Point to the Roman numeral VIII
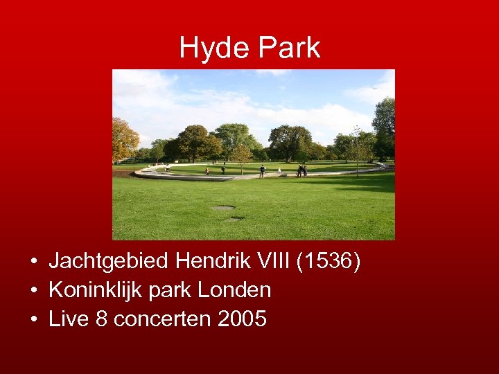click(x=272, y=262)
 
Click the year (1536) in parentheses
click(x=328, y=262)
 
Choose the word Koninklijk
click(x=94, y=291)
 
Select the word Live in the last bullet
click(x=69, y=319)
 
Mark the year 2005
click(x=241, y=319)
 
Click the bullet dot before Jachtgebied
click(x=33, y=263)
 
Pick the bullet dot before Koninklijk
click(x=33, y=292)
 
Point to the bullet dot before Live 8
click(x=33, y=321)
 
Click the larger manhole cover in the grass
click(x=223, y=207)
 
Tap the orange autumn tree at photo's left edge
click(x=123, y=140)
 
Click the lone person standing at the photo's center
click(x=262, y=171)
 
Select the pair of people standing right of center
click(x=302, y=170)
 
